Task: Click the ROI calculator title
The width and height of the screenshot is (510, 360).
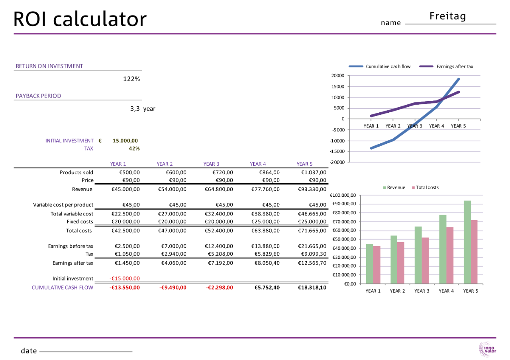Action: (x=80, y=19)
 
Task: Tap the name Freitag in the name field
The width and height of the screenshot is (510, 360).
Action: (x=448, y=16)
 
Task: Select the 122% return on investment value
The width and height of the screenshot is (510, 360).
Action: (x=131, y=79)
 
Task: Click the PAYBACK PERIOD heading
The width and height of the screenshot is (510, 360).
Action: (x=38, y=96)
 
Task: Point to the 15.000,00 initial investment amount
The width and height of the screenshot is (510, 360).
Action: (x=125, y=141)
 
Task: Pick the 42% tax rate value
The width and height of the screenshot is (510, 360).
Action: (x=134, y=149)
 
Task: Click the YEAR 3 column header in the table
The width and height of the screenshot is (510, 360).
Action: (x=211, y=164)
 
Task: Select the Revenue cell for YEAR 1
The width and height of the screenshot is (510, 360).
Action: (x=125, y=189)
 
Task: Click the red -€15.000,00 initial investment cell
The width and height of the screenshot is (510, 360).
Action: (x=124, y=279)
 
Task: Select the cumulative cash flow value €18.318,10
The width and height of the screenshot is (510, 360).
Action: (x=312, y=287)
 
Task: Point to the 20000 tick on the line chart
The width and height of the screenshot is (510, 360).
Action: (x=338, y=76)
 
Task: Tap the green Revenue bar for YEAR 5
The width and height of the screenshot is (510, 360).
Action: (x=467, y=242)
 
